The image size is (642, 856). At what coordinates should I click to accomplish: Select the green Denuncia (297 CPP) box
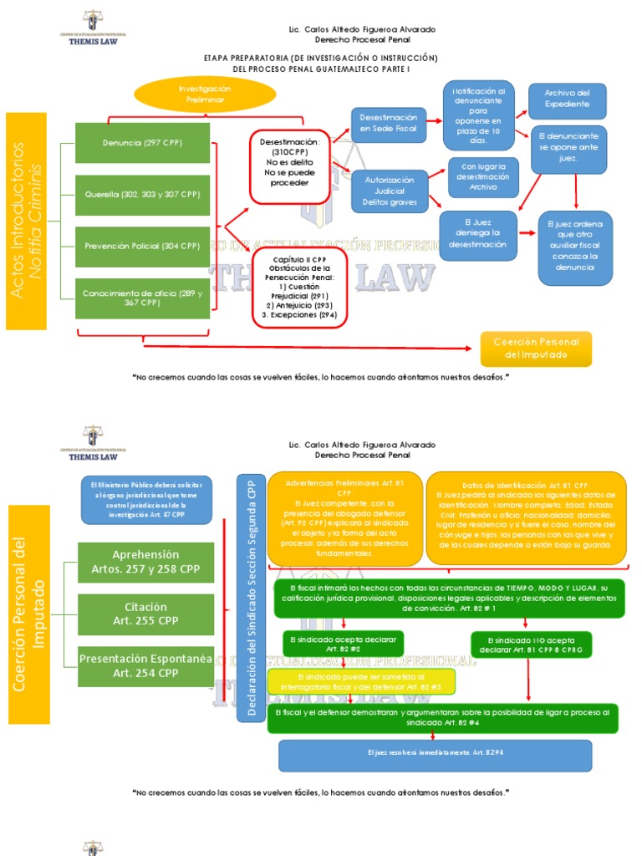[142, 143]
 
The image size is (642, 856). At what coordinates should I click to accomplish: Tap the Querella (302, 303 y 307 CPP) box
[142, 195]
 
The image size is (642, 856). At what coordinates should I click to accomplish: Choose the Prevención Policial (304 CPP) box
[142, 247]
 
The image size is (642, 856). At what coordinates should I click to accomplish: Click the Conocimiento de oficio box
[142, 298]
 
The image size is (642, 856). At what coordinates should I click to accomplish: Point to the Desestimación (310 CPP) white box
[289, 166]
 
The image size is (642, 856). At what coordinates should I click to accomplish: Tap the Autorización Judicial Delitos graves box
[389, 191]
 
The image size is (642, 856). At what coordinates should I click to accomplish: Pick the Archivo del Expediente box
[567, 99]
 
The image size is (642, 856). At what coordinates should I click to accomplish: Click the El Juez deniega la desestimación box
[477, 235]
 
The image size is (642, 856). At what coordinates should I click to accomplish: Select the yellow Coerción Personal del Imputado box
[535, 349]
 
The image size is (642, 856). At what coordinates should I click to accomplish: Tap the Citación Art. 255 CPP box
[145, 614]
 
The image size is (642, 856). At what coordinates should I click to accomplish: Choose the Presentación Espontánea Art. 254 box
[145, 666]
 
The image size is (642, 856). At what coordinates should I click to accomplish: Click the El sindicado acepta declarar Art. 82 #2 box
[343, 643]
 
